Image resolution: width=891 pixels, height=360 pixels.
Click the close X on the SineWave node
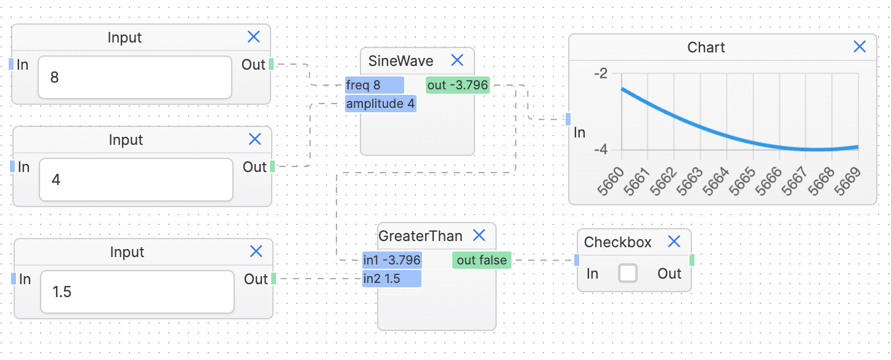coord(457,60)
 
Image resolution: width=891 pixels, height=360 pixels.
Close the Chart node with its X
coord(860,47)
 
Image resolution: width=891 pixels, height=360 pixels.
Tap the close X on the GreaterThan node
coord(479,235)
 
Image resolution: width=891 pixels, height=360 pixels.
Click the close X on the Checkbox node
coord(674,242)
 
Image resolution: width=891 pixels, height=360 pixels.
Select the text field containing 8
coord(134,78)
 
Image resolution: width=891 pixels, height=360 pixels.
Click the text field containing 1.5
coord(137,292)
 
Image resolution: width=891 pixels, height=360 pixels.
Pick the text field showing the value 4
coord(136,180)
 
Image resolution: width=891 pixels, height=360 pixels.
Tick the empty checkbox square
coord(627,273)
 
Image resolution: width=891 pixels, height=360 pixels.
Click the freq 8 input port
coord(374,86)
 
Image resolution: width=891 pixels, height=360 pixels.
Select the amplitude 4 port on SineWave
coord(380,104)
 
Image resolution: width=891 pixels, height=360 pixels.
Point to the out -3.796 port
coord(457,86)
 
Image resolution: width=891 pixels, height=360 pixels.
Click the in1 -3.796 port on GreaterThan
coord(391,260)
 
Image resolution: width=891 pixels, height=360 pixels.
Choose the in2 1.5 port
coord(391,279)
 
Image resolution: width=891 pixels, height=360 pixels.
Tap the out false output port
coord(482,260)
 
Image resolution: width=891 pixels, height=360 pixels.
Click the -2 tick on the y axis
coord(600,73)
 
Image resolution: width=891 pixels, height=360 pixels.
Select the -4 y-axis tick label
coord(600,150)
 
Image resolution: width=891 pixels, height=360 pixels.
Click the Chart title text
coord(706,47)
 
